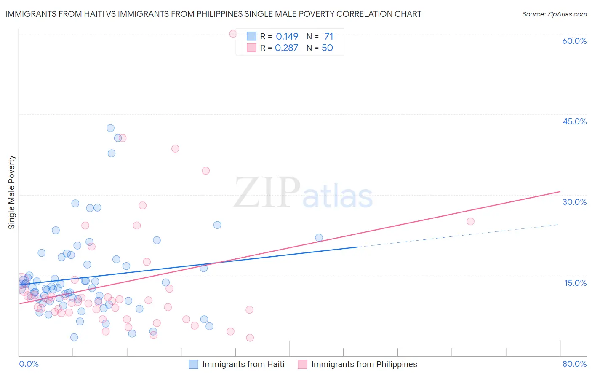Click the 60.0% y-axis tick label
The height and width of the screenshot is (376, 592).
pos(574,41)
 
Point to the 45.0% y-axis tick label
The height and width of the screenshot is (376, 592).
pos(574,121)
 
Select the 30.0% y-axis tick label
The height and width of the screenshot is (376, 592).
pos(574,202)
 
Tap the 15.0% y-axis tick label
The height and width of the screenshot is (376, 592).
pos(575,283)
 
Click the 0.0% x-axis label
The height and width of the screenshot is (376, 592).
pos(29,364)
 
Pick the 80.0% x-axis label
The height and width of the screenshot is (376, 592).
pos(574,364)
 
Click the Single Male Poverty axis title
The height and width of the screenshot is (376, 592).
pos(12,192)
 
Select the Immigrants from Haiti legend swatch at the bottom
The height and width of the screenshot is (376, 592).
pos(193,365)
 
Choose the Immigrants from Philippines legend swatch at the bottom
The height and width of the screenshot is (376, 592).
pos(302,365)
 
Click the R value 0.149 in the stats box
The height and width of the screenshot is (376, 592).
pos(287,37)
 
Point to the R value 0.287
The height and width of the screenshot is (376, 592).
pos(286,48)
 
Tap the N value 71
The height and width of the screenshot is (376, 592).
pos(328,37)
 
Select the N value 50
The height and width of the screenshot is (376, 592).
pos(327,48)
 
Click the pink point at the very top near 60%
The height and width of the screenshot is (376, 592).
pos(233,34)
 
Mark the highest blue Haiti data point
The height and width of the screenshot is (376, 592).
pos(110,128)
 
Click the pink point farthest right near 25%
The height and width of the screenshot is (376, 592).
pos(470,221)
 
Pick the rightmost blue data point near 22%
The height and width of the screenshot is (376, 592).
pos(319,238)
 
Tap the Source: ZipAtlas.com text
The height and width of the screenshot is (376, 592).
pos(554,14)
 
